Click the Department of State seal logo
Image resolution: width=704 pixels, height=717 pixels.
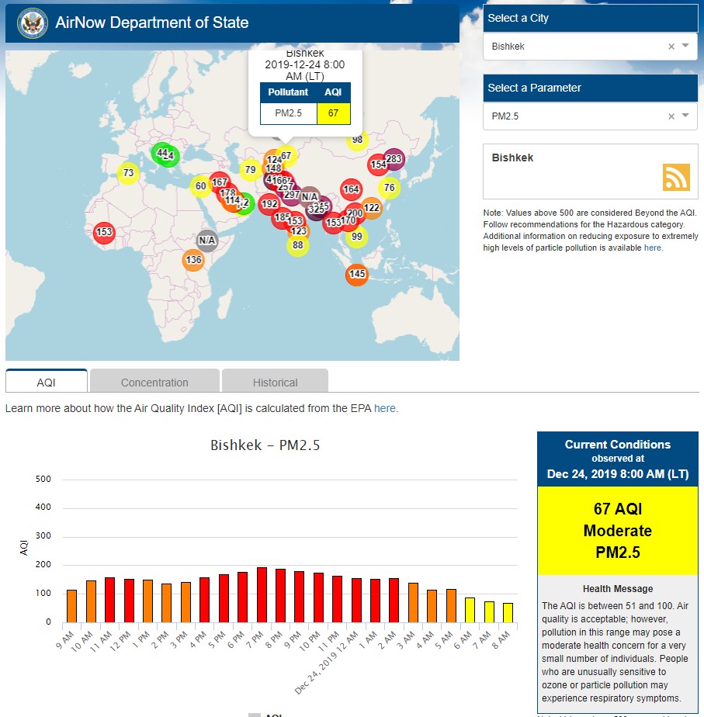pos(32,23)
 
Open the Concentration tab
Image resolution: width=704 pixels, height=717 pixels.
pos(154,382)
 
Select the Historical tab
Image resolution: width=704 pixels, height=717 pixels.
pos(275,382)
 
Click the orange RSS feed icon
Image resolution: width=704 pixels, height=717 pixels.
pos(675,177)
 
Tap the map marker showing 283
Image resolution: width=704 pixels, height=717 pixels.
pos(394,159)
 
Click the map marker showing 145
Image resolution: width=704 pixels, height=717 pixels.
pos(356,274)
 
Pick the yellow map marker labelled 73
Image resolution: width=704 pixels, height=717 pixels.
pos(128,172)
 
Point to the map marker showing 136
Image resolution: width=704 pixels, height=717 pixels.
pos(193,260)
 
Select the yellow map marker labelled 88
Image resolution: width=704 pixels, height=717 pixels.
pos(297,245)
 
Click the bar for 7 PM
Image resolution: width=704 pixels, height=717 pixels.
pos(262,594)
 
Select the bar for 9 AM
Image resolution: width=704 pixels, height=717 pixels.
pos(71,605)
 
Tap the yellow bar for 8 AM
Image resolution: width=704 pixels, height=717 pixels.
pos(508,612)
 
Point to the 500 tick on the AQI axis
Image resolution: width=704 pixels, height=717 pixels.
pos(43,479)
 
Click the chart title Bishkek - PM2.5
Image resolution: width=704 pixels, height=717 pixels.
pos(265,445)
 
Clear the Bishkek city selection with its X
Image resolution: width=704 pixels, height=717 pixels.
pos(671,47)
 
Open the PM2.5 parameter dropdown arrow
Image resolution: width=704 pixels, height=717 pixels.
pos(685,116)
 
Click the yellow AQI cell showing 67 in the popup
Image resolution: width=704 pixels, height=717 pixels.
pos(333,113)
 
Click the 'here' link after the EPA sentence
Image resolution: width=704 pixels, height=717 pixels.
pos(384,408)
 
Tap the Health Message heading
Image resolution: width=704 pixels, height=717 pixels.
pos(618,589)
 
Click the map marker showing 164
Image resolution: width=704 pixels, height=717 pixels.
pos(351,189)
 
